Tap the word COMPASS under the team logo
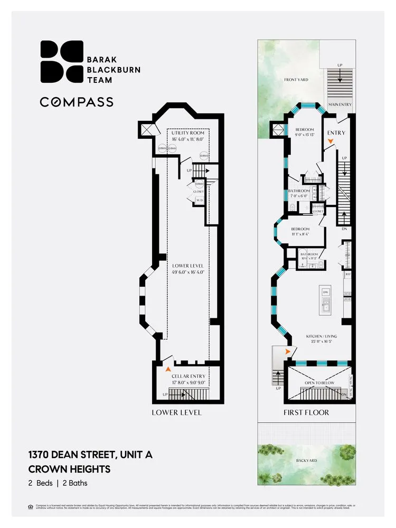pos(77,102)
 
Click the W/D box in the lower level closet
pos(200,201)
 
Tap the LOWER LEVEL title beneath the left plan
pos(176,412)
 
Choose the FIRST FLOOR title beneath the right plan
pos(306,412)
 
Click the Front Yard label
pos(296,80)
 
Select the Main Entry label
pos(340,105)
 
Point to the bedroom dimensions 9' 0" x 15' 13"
pos(305,136)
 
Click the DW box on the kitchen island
pos(326,291)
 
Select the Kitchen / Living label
pos(322,336)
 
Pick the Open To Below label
pos(317,382)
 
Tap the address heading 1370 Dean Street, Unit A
pos(90,454)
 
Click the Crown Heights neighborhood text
pos(69,468)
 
